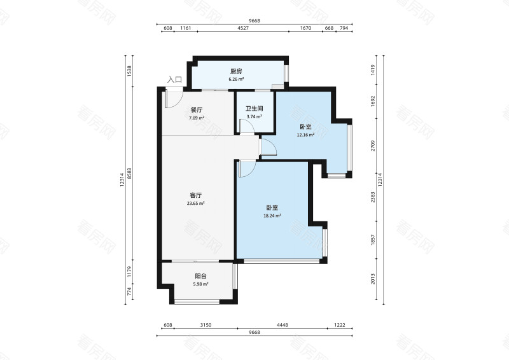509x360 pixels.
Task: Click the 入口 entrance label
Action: (174, 80)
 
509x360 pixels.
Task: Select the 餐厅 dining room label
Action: (196, 109)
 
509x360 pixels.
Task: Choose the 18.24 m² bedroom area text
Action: (272, 216)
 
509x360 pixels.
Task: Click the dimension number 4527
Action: (243, 29)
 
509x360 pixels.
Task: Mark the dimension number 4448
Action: (282, 325)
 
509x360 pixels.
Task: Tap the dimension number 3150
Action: (206, 325)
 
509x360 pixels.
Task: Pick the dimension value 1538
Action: (130, 71)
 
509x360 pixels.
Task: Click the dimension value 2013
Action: (373, 279)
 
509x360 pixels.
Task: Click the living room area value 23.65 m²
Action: (196, 204)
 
